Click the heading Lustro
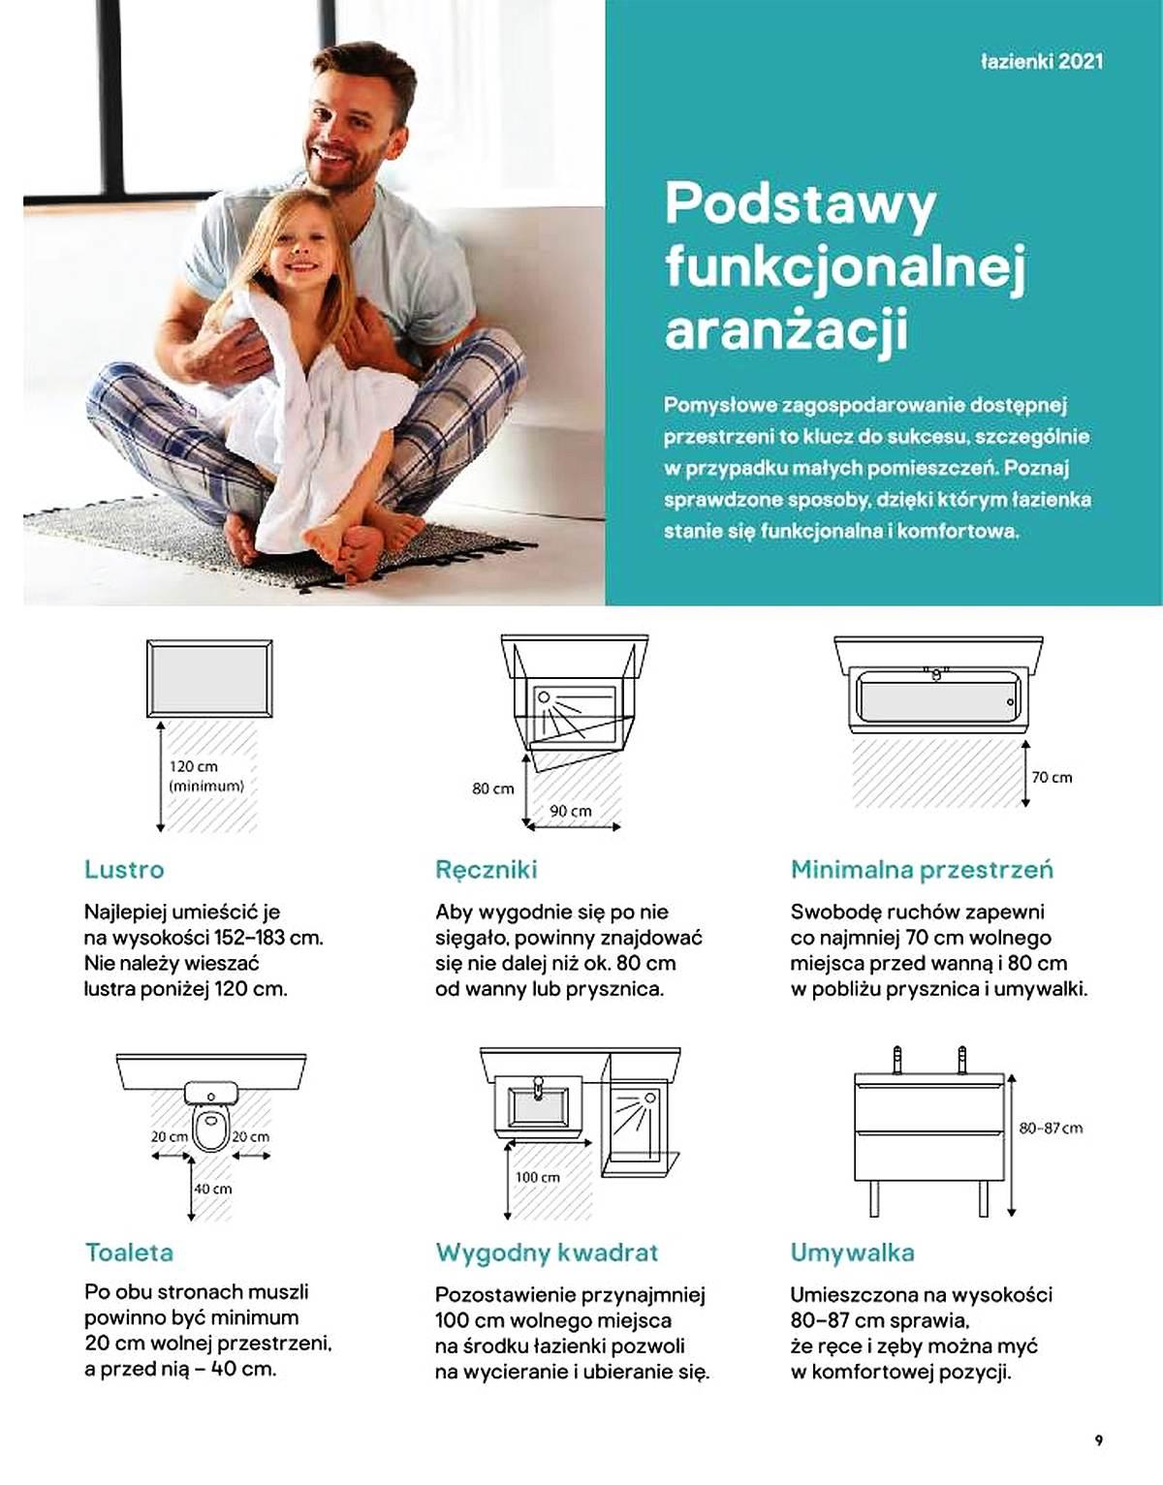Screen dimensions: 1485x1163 coord(124,869)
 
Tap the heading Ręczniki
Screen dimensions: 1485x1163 coord(486,869)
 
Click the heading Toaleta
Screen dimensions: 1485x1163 coord(129,1252)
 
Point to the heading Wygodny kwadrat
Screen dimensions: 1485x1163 coord(547,1252)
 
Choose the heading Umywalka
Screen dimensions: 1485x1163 coord(852,1252)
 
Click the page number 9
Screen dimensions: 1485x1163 coord(1098,1439)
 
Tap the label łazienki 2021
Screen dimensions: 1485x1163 coord(1041,62)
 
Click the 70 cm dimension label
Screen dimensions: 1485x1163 coord(1052,777)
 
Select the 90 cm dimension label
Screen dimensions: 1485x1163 coord(570,810)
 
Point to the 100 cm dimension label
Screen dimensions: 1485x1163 coord(537,1176)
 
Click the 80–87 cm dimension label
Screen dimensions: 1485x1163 coord(1051,1128)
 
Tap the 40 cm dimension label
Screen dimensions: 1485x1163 coord(213,1188)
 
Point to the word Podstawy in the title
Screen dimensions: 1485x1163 coord(801,203)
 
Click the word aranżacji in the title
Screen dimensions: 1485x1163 coord(786,327)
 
